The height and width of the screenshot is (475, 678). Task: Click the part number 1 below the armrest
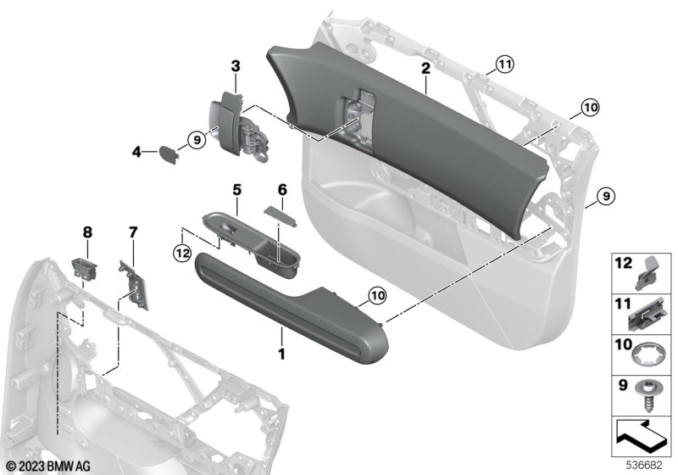[x=281, y=355]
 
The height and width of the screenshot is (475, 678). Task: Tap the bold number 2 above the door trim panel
[x=426, y=69]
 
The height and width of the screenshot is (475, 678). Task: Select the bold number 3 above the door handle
[x=236, y=66]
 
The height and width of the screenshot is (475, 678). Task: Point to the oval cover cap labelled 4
[x=168, y=155]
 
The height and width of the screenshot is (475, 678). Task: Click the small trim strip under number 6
[x=281, y=215]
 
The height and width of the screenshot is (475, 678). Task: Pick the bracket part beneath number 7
[x=134, y=285]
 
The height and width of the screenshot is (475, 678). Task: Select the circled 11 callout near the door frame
[x=503, y=65]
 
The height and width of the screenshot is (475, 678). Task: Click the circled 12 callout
[x=182, y=253]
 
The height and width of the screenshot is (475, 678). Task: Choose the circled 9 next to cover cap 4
[x=197, y=140]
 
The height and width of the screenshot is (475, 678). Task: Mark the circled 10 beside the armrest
[x=377, y=296]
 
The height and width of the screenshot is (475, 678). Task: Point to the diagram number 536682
[x=644, y=466]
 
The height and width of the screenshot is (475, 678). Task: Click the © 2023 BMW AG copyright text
[x=49, y=467]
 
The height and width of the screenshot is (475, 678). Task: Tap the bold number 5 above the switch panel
[x=237, y=189]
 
